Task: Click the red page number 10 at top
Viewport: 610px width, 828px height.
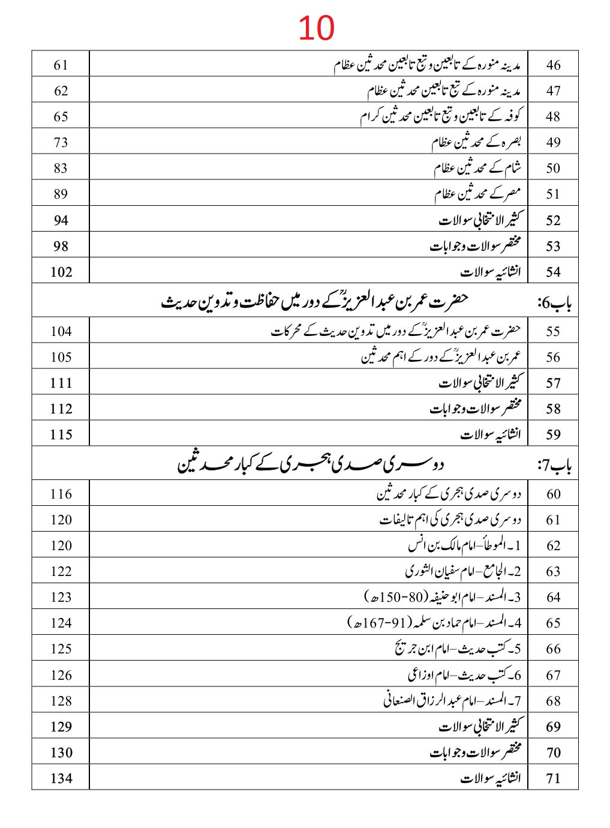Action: [316, 28]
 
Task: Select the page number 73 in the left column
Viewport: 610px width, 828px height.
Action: [61, 142]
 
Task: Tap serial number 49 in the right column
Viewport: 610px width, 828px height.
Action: [553, 142]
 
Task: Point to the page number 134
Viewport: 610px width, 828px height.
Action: [61, 778]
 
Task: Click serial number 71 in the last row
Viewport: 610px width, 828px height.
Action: [553, 778]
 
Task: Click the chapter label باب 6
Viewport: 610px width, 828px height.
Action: [555, 304]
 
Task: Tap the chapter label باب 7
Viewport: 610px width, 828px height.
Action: [555, 466]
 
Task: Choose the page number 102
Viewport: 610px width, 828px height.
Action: [61, 272]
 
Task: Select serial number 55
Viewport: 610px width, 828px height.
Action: [553, 331]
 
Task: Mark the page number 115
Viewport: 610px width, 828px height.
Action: [61, 434]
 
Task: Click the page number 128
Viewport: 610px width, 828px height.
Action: [61, 701]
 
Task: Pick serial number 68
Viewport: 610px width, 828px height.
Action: [553, 701]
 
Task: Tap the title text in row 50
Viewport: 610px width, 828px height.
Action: [478, 168]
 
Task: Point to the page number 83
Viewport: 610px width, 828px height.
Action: [61, 168]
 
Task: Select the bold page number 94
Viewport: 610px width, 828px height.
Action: [61, 220]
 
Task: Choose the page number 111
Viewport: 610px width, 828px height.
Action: [61, 383]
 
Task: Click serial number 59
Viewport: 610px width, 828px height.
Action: [553, 434]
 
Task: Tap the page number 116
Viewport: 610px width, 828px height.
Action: [61, 494]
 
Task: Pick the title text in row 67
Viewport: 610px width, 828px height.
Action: [465, 675]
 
